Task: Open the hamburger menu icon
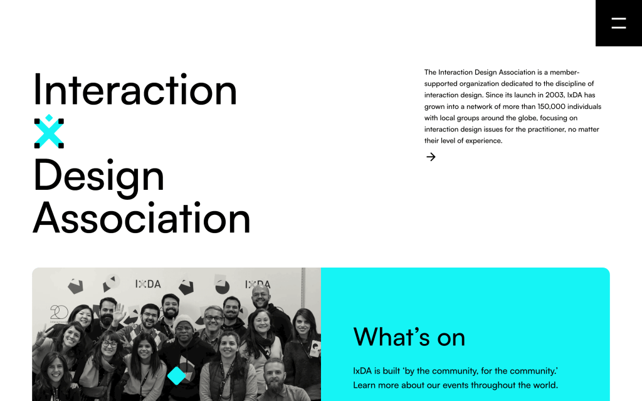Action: pos(618,24)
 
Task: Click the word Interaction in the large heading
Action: pos(135,90)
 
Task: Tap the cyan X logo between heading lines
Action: pos(49,132)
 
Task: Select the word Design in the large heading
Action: pos(98,176)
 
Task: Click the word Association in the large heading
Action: pos(142,218)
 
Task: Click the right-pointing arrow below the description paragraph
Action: pos(431,157)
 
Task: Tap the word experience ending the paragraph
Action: pos(483,141)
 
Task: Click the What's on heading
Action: pos(409,337)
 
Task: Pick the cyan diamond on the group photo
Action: pos(176,375)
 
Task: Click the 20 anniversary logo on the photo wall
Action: pos(59,312)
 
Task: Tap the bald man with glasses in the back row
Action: pos(260,294)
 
